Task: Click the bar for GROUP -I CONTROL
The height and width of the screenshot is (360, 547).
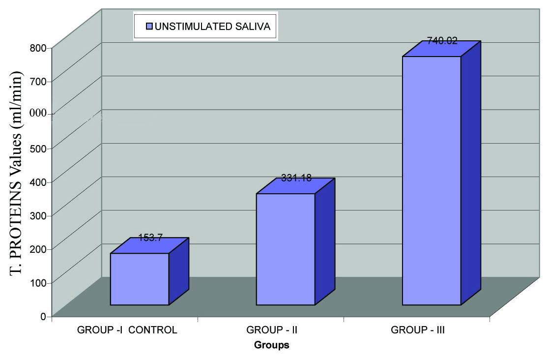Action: pyautogui.click(x=140, y=279)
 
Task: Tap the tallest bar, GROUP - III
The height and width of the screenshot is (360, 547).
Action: pyautogui.click(x=432, y=180)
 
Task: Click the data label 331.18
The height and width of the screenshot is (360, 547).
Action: pyautogui.click(x=296, y=178)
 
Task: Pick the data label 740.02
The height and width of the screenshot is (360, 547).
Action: pyautogui.click(x=442, y=41)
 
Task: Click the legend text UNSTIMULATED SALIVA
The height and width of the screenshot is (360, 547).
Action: pyautogui.click(x=212, y=27)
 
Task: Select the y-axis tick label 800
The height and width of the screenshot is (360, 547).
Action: pyautogui.click(x=40, y=48)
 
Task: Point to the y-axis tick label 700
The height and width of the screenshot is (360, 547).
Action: pyautogui.click(x=40, y=81)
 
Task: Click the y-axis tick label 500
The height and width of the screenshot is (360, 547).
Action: pyautogui.click(x=40, y=148)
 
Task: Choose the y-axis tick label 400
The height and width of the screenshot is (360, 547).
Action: pyautogui.click(x=40, y=182)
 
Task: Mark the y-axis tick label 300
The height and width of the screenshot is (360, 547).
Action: pyautogui.click(x=40, y=215)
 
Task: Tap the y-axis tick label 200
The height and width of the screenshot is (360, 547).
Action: pyautogui.click(x=40, y=249)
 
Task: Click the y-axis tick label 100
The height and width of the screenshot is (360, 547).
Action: pyautogui.click(x=40, y=282)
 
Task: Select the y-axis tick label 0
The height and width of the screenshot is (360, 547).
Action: pyautogui.click(x=44, y=316)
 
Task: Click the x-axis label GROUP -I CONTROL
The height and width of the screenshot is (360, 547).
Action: pyautogui.click(x=127, y=330)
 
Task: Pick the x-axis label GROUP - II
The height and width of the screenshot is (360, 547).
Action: pyautogui.click(x=272, y=330)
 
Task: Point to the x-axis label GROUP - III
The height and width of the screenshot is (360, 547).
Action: pyautogui.click(x=418, y=330)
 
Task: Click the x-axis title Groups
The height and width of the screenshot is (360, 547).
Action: pyautogui.click(x=271, y=345)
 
